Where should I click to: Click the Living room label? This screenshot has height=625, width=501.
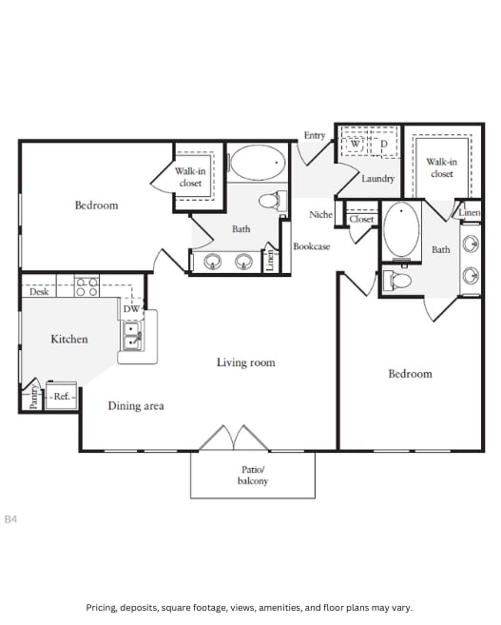pyautogui.click(x=245, y=362)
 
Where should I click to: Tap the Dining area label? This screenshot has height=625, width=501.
pyautogui.click(x=136, y=406)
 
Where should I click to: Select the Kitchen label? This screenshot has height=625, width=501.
pyautogui.click(x=69, y=339)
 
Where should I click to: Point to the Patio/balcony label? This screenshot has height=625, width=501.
pyautogui.click(x=252, y=476)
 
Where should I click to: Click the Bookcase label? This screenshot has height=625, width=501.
pyautogui.click(x=311, y=246)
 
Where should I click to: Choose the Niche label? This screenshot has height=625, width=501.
pyautogui.click(x=321, y=214)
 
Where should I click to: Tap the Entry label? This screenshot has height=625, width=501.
pyautogui.click(x=315, y=135)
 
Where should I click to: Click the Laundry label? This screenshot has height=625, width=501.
pyautogui.click(x=378, y=179)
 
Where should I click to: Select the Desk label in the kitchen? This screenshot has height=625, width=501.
pyautogui.click(x=39, y=292)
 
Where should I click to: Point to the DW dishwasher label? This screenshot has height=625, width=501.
pyautogui.click(x=131, y=309)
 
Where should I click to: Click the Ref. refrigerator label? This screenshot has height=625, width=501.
pyautogui.click(x=62, y=397)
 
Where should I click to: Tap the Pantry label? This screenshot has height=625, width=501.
pyautogui.click(x=33, y=396)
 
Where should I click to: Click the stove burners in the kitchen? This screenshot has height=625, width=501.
pyautogui.click(x=87, y=285)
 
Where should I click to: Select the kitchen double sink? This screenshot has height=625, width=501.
pyautogui.click(x=131, y=336)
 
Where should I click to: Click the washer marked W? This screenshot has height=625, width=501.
pyautogui.click(x=355, y=145)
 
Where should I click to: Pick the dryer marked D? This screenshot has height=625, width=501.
pyautogui.click(x=384, y=145)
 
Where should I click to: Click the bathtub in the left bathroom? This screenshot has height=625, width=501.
pyautogui.click(x=258, y=164)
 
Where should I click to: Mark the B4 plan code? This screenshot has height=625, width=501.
pyautogui.click(x=11, y=519)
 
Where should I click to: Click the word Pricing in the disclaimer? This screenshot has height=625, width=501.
pyautogui.click(x=105, y=607)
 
